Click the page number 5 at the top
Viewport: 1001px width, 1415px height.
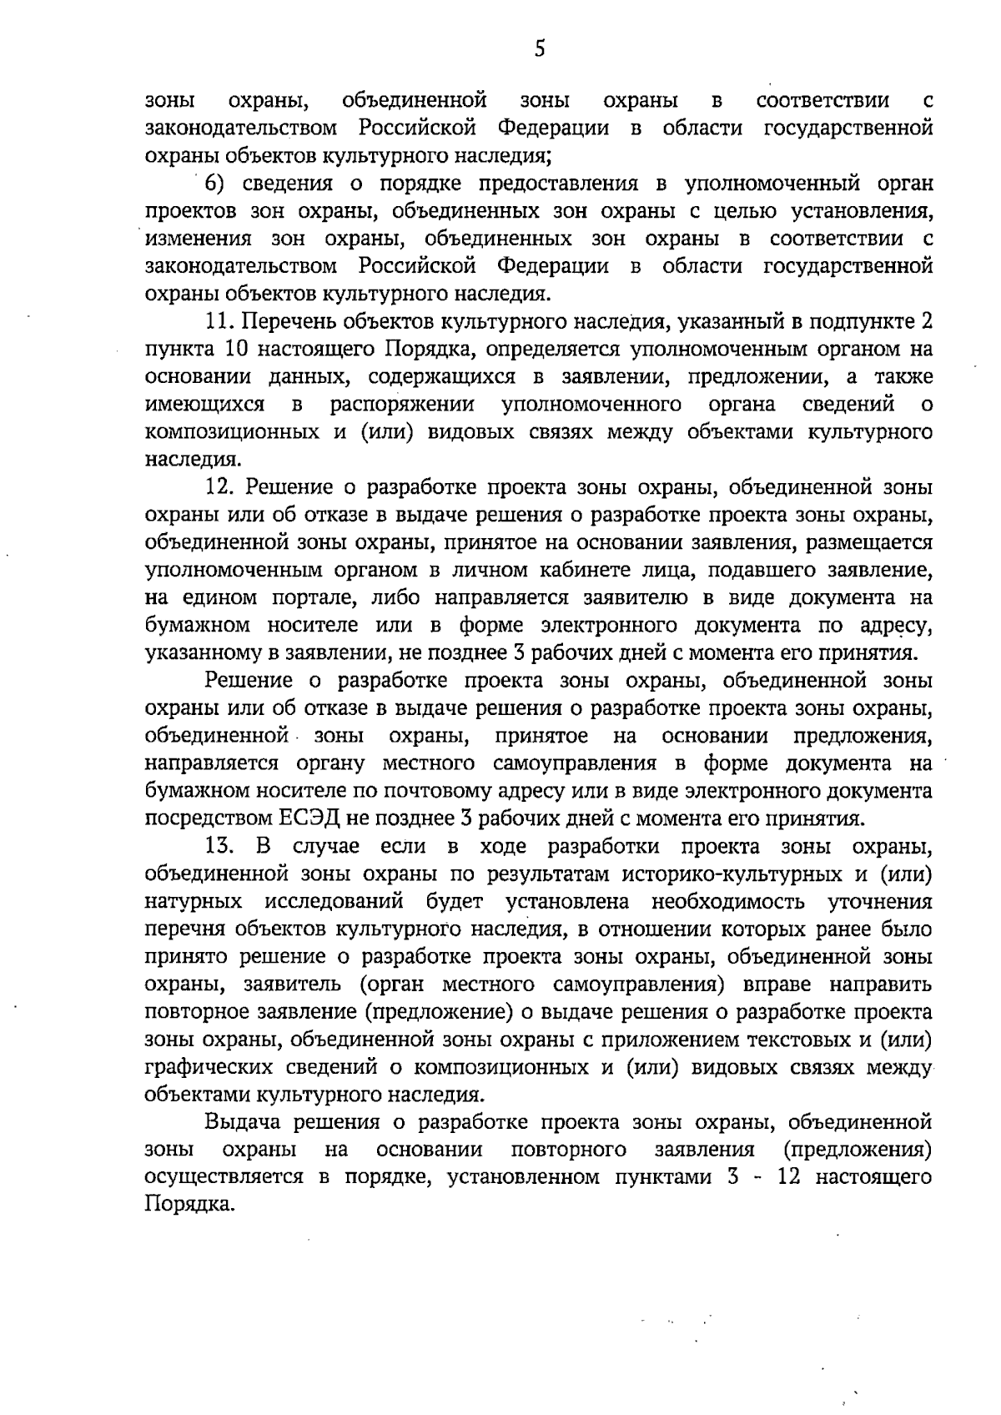pyautogui.click(x=540, y=49)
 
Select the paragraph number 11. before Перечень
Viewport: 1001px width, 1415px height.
pyautogui.click(x=221, y=321)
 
